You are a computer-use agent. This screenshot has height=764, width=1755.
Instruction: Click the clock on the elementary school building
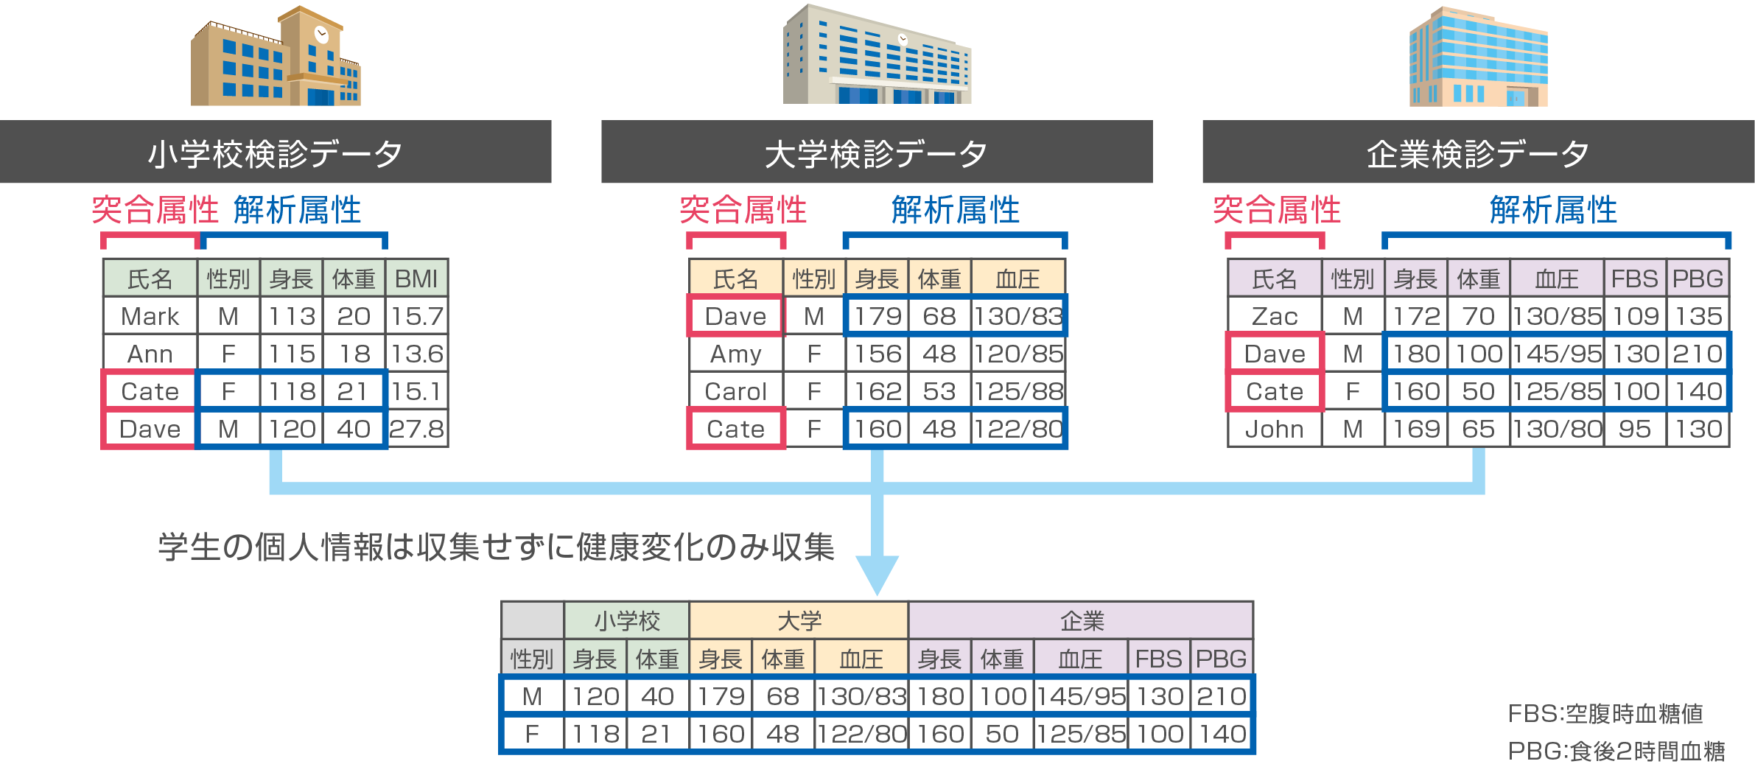(321, 33)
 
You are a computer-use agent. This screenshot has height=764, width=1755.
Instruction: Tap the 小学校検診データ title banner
(276, 153)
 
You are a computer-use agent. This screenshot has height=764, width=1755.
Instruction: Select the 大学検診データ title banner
(877, 153)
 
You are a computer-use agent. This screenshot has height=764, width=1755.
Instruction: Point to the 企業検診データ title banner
(1478, 153)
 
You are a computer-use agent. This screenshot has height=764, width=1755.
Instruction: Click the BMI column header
(416, 278)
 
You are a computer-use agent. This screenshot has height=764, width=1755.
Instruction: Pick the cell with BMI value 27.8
(416, 429)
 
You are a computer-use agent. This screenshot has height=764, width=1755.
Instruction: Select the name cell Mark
(150, 316)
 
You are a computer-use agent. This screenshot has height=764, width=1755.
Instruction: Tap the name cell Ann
(150, 354)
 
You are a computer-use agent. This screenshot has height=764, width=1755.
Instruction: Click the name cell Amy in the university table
(735, 354)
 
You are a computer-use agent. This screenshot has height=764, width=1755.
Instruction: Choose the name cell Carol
(735, 391)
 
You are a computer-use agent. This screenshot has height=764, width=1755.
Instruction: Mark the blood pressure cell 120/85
(1018, 354)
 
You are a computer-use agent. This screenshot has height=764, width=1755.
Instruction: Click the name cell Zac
(1274, 316)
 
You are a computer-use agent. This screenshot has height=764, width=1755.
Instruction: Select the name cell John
(1274, 429)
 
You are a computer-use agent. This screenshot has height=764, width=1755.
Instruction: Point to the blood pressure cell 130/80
(1556, 429)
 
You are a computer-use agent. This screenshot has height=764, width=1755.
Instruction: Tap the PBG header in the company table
(1698, 278)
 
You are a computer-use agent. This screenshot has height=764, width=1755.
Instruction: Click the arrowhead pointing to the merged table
(877, 575)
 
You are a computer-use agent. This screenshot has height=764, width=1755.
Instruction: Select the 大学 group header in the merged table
(799, 620)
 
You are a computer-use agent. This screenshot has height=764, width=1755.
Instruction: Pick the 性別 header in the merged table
(531, 658)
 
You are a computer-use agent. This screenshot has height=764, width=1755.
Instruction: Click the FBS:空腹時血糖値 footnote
(1605, 713)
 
